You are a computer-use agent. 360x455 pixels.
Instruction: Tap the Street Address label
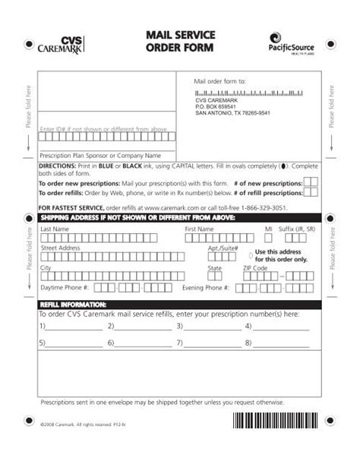click(60, 248)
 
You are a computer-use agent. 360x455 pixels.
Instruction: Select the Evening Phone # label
click(227, 289)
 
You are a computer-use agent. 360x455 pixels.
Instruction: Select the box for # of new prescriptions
click(311, 183)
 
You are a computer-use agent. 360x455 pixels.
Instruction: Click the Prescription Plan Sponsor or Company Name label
click(94, 154)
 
